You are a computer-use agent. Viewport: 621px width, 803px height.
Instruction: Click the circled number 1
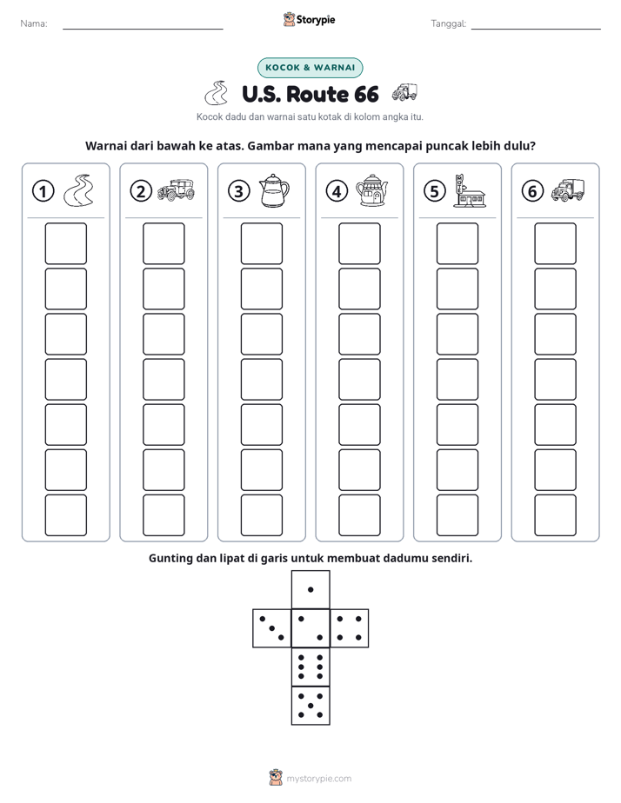43,191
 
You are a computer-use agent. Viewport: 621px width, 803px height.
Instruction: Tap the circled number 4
337,191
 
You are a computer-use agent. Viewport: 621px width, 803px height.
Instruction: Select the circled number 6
532,191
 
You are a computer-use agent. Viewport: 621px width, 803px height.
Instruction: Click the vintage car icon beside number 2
176,189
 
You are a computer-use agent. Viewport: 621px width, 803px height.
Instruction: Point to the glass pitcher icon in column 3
274,190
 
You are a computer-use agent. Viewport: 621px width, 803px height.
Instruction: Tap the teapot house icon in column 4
372,190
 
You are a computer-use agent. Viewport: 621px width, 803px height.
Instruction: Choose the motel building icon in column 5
469,190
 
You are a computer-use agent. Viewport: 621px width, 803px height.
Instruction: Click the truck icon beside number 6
568,190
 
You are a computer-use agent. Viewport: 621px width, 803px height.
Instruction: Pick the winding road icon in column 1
78,190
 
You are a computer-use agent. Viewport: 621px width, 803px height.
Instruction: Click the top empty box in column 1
65,243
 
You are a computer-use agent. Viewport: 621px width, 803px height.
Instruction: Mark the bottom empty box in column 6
555,515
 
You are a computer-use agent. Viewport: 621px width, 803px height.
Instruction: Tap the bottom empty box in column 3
261,515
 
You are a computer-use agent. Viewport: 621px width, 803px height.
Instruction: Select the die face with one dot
310,589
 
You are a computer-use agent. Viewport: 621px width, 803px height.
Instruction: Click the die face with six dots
310,667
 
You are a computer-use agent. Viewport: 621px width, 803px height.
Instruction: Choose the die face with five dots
310,706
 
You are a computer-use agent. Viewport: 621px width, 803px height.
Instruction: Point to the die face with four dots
350,628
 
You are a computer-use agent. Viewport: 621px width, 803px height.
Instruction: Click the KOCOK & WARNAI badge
310,68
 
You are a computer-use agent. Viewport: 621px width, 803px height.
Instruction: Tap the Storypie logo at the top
309,20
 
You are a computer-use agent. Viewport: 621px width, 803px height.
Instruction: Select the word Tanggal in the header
448,23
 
